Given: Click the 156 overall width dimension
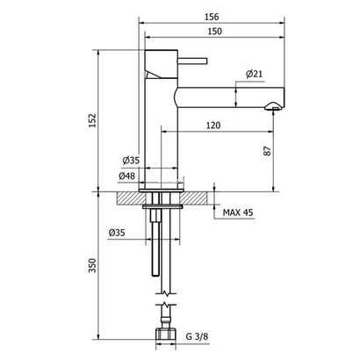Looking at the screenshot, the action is (x=212, y=17).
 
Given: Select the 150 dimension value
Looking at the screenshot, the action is (x=214, y=32).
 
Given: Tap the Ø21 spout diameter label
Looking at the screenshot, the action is (x=254, y=74).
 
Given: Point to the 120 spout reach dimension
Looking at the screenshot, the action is (x=213, y=126).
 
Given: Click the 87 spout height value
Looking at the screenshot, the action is (x=268, y=150).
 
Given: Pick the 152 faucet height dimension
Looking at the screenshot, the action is (x=92, y=120).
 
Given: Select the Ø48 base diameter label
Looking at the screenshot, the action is (x=127, y=176).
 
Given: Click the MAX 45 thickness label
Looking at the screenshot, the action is (x=238, y=212).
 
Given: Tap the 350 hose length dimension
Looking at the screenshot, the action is (x=92, y=265).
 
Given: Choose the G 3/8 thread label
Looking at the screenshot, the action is (x=197, y=336).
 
